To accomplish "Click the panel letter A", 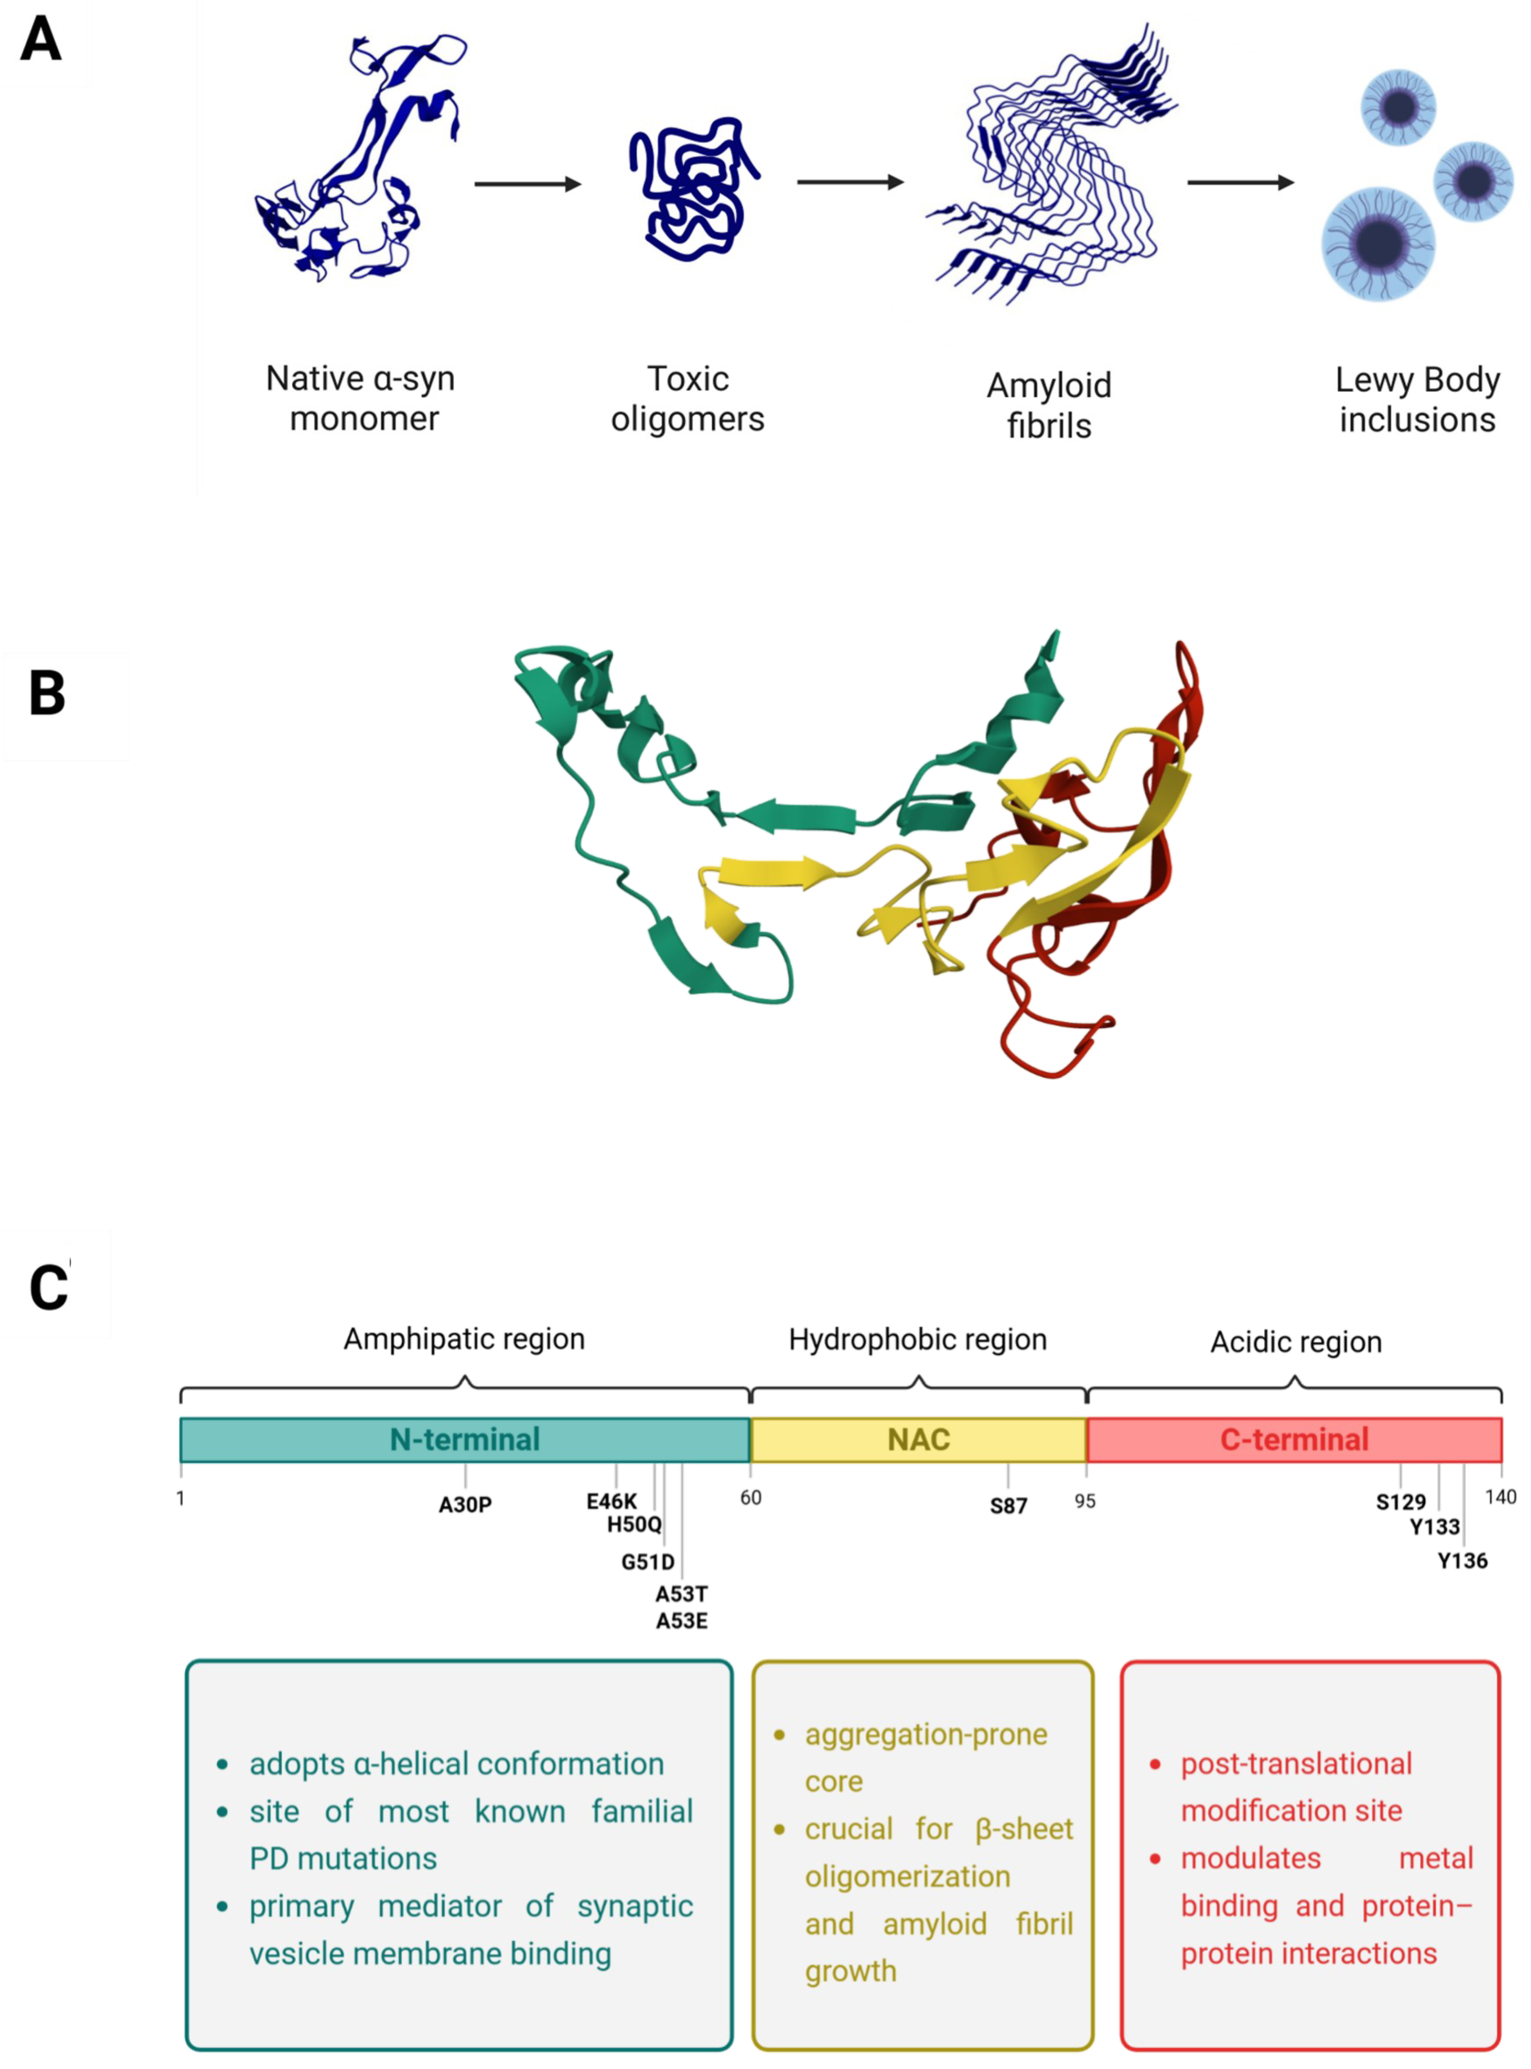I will [x=41, y=41].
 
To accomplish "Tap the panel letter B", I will [x=47, y=693].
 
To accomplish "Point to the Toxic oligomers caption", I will [x=688, y=399].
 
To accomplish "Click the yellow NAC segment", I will [x=919, y=1439].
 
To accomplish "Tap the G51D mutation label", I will [x=648, y=1562].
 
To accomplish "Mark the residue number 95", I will [x=1085, y=1500].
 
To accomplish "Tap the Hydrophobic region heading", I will [x=917, y=1339].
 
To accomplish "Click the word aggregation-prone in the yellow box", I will [x=926, y=1734].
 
